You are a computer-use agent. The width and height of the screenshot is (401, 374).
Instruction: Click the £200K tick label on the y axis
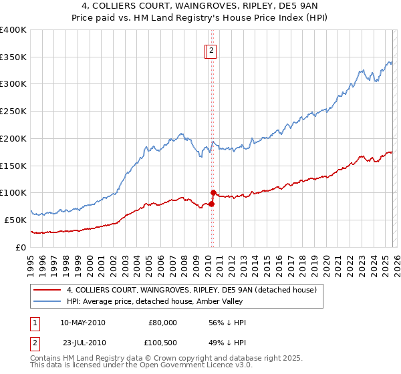[x=13, y=138]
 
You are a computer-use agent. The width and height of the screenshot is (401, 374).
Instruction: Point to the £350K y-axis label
[x=13, y=57]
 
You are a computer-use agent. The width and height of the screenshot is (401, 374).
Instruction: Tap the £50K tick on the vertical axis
[x=15, y=220]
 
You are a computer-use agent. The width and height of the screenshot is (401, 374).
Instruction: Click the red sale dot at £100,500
[x=213, y=192]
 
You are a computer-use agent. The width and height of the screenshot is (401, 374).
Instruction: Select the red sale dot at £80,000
[x=211, y=204]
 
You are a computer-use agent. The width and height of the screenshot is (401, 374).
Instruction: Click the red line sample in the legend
[x=47, y=289]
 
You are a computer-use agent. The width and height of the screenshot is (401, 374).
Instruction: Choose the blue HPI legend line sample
[x=47, y=301]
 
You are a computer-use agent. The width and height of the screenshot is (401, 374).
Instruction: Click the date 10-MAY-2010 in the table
[x=82, y=323]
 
